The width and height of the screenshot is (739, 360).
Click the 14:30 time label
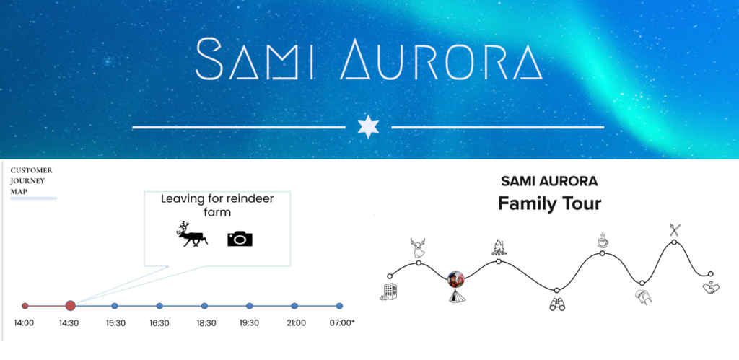click(x=69, y=323)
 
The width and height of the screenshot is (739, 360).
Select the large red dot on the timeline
click(x=70, y=306)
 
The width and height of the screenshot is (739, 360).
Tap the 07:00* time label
click(x=341, y=323)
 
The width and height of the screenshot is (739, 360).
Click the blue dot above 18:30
click(x=204, y=306)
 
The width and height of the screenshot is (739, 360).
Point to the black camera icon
click(x=240, y=238)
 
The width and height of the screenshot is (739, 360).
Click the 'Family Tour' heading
click(x=549, y=204)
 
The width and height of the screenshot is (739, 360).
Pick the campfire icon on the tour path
click(x=499, y=247)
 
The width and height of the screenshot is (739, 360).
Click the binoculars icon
click(x=557, y=305)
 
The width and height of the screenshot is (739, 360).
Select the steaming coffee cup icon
click(x=603, y=240)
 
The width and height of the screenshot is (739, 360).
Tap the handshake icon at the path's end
click(x=710, y=288)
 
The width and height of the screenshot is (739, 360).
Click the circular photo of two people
click(x=456, y=279)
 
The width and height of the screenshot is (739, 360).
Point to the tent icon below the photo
click(x=456, y=296)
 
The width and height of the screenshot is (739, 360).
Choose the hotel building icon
click(x=387, y=291)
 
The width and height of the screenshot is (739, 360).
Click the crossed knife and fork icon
click(x=675, y=230)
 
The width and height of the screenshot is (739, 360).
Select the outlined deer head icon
click(x=418, y=247)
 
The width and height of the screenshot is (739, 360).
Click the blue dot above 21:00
click(x=294, y=306)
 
